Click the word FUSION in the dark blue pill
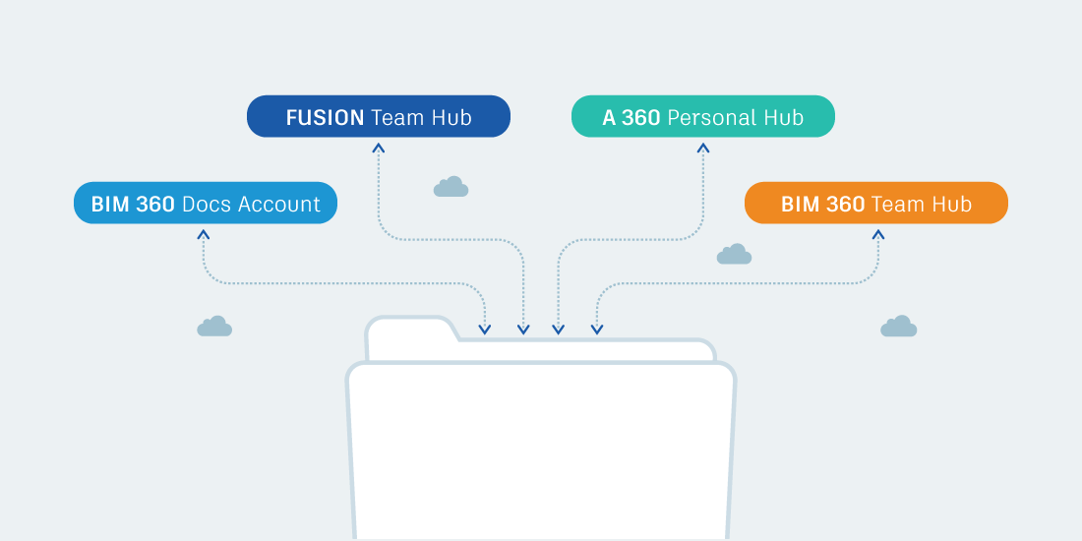(x=325, y=118)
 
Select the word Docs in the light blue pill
(x=206, y=205)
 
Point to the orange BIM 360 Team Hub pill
(x=875, y=203)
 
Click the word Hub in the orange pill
(x=950, y=205)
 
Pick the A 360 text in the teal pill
(x=631, y=118)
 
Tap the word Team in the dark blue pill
(x=397, y=118)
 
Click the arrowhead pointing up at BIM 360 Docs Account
(x=203, y=234)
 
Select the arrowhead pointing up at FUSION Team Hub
(x=379, y=148)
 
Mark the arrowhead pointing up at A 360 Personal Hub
(x=702, y=148)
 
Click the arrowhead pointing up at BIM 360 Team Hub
(x=878, y=234)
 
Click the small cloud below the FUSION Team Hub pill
(x=451, y=187)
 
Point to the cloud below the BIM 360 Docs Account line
(x=214, y=327)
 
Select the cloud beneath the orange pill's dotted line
(x=898, y=327)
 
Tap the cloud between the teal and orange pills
(x=734, y=255)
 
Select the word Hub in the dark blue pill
(x=451, y=118)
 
